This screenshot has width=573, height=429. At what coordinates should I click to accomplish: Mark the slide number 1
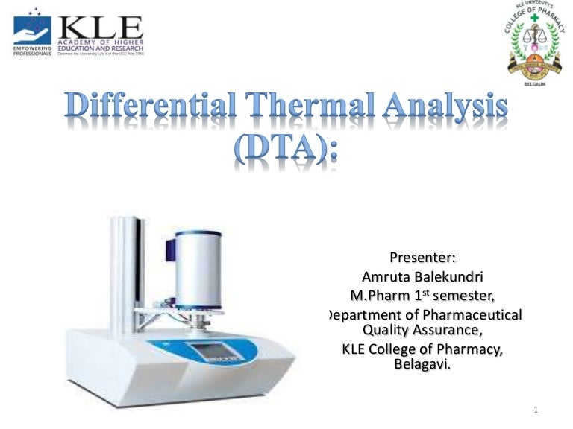coord(536,409)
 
